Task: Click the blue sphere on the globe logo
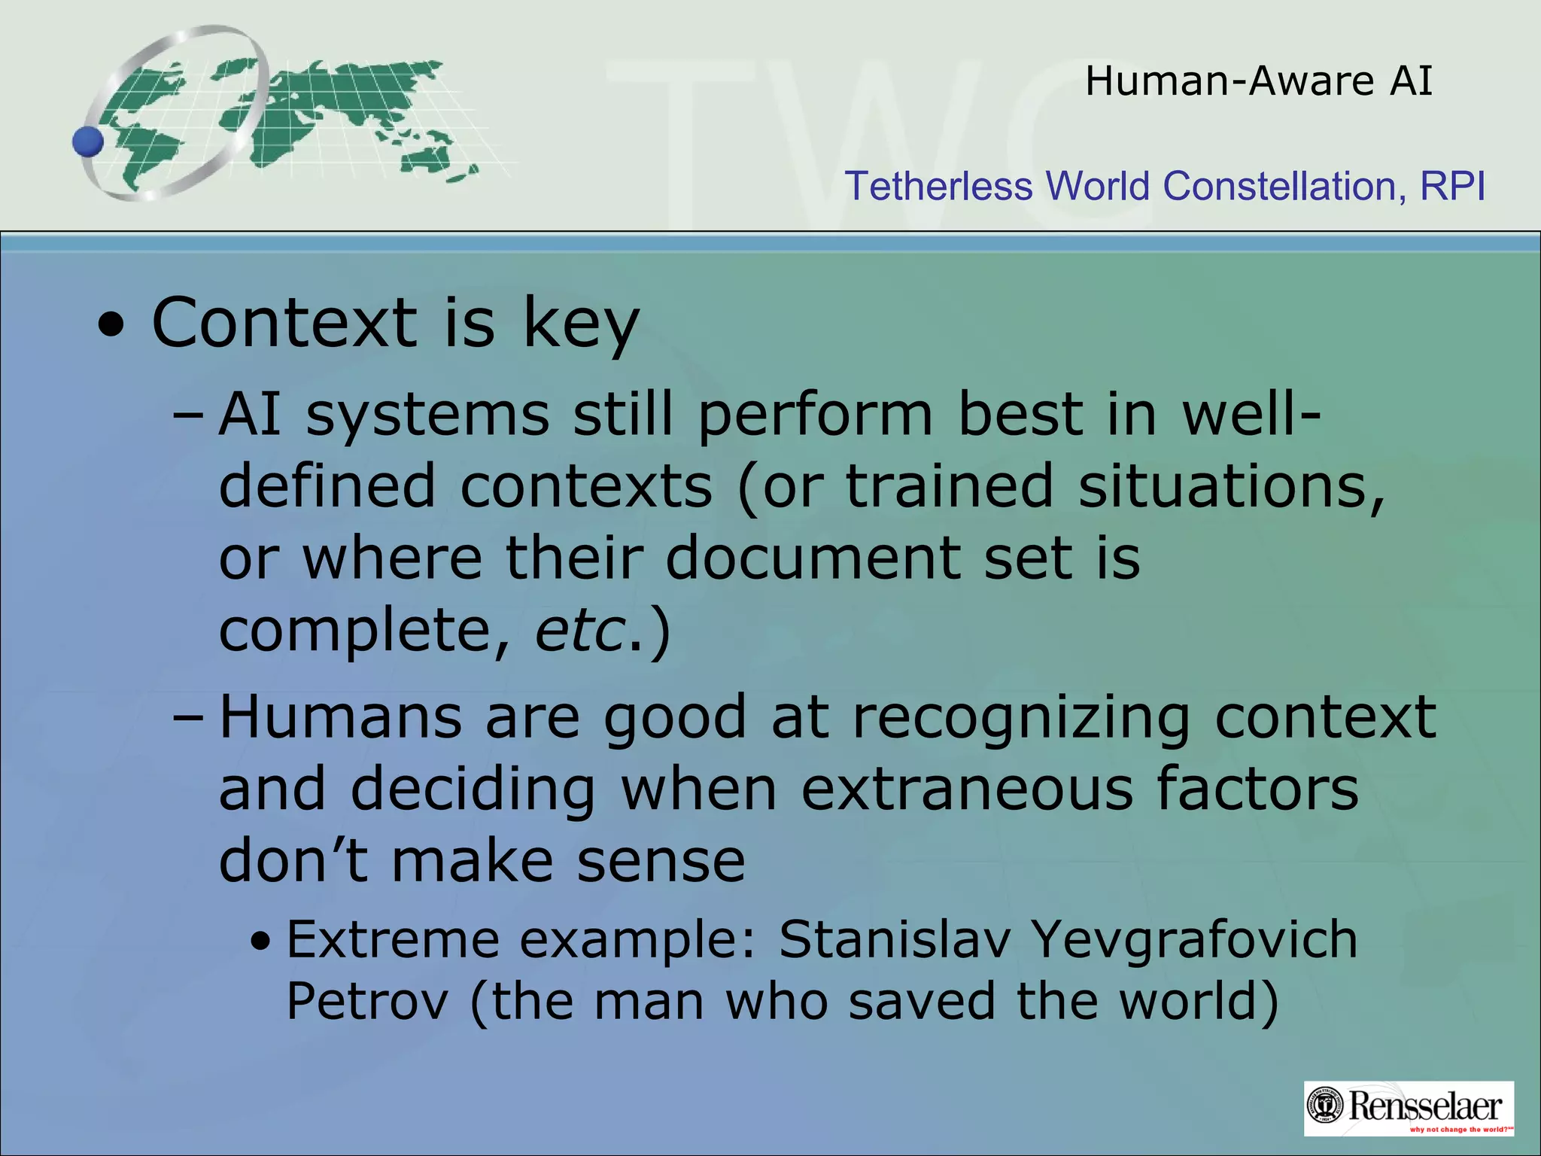coord(88,141)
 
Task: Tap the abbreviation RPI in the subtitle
coord(1452,186)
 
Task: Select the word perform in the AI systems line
coord(816,415)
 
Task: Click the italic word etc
coord(580,630)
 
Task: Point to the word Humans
coord(340,717)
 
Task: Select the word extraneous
coord(966,789)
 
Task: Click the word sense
coord(661,861)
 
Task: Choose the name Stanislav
coord(895,940)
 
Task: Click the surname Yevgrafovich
coord(1194,942)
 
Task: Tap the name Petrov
coord(367,1002)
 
